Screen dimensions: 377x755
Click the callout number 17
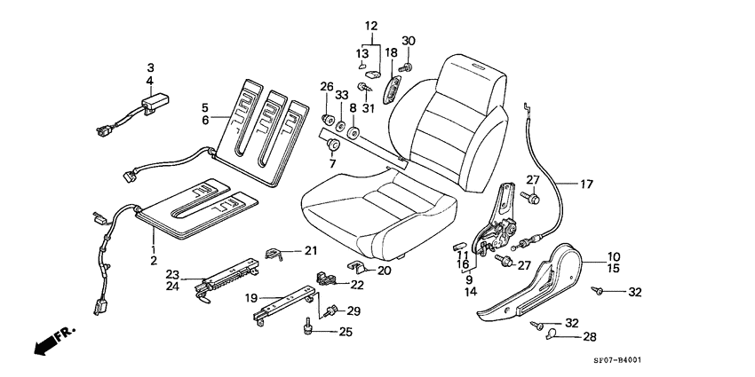tap(585, 185)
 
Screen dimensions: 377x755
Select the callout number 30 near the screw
tap(408, 42)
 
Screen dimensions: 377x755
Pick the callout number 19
tap(251, 299)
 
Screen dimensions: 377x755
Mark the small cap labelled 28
tap(551, 334)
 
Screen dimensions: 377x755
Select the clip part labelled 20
tap(354, 266)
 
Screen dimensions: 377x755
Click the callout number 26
tap(327, 87)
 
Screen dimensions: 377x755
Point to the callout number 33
tap(340, 94)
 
